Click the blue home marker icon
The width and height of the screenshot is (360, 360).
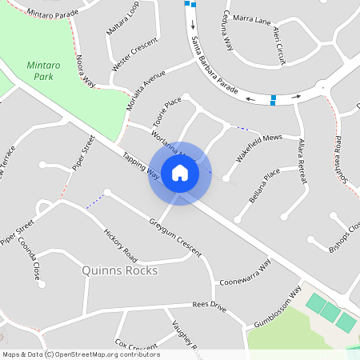coord(180,173)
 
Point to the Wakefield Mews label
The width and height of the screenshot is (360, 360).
coord(261,144)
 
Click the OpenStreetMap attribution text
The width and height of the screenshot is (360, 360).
coord(81,354)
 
